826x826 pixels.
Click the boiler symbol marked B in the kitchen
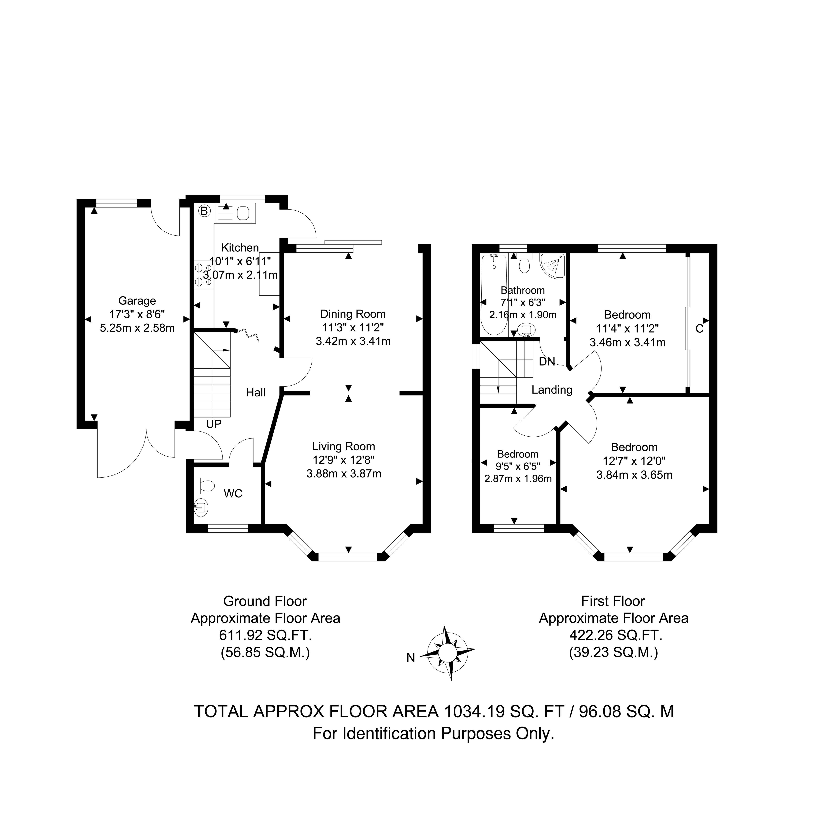pyautogui.click(x=204, y=211)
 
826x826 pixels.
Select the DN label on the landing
pyautogui.click(x=547, y=362)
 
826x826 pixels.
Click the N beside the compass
pyautogui.click(x=411, y=658)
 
